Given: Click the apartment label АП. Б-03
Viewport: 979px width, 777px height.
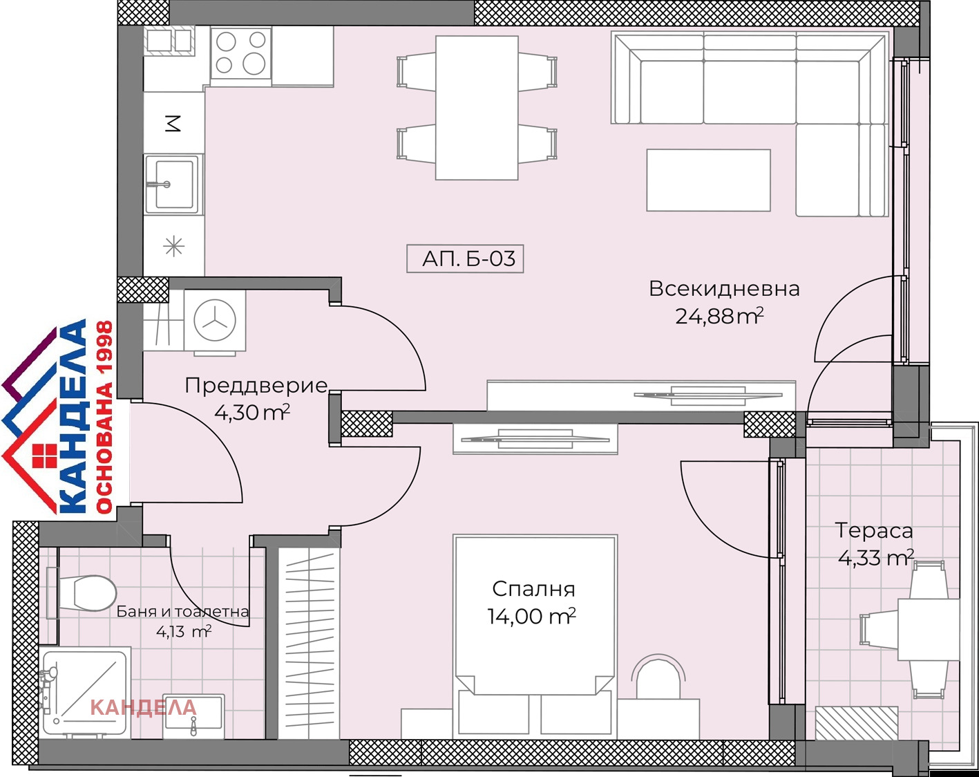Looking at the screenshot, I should (465, 259).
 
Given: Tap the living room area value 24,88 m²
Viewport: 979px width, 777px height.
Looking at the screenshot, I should (719, 317).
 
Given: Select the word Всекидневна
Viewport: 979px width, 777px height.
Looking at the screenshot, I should (723, 288).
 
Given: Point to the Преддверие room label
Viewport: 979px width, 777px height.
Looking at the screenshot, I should (256, 385).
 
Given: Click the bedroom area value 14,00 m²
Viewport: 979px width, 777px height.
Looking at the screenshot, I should (531, 616).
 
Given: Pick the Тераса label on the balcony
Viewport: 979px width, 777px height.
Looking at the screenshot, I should (874, 530).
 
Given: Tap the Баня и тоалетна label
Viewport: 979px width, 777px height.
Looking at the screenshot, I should (182, 611).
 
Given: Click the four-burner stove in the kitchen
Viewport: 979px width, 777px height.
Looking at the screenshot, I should (240, 53).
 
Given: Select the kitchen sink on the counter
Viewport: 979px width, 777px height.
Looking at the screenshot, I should (173, 184).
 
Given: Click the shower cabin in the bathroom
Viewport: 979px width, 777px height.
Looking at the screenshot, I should (85, 692).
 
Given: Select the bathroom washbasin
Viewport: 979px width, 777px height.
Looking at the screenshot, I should (193, 713).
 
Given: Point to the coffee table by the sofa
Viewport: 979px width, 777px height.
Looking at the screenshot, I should (708, 180).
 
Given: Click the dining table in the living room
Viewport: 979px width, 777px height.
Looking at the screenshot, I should (477, 108).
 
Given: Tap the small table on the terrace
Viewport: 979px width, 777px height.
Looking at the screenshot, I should (928, 628).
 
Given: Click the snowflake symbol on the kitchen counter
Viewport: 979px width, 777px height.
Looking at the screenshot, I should (173, 245).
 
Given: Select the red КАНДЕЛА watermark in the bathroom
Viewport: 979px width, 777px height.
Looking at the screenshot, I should (143, 707).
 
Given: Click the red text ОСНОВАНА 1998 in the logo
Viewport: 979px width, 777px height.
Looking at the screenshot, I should (104, 417).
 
